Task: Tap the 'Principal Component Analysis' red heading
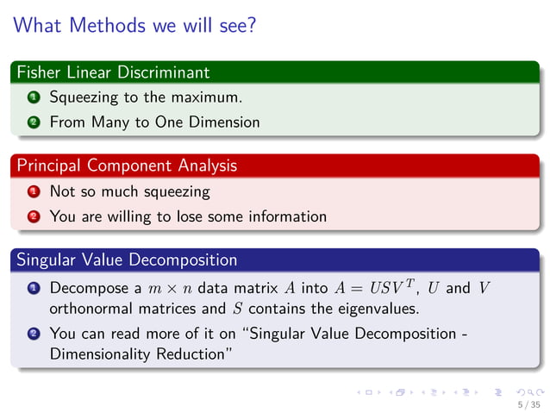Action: pyautogui.click(x=127, y=165)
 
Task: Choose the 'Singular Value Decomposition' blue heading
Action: pyautogui.click(x=127, y=259)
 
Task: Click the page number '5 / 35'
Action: pyautogui.click(x=528, y=404)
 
